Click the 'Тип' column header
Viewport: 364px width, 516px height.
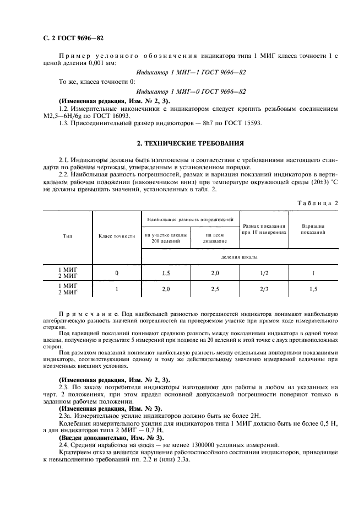click(68, 235)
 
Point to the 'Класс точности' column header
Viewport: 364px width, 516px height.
click(117, 235)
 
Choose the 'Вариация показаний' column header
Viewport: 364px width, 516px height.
click(313, 229)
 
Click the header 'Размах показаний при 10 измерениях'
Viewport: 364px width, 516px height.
click(264, 229)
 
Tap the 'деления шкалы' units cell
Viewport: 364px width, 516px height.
click(238, 256)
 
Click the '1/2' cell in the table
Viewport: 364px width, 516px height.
click(264, 272)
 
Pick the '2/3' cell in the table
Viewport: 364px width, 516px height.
click(264, 288)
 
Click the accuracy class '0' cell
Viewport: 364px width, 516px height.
click(117, 272)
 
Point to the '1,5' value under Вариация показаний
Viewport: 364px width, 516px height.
click(313, 288)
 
